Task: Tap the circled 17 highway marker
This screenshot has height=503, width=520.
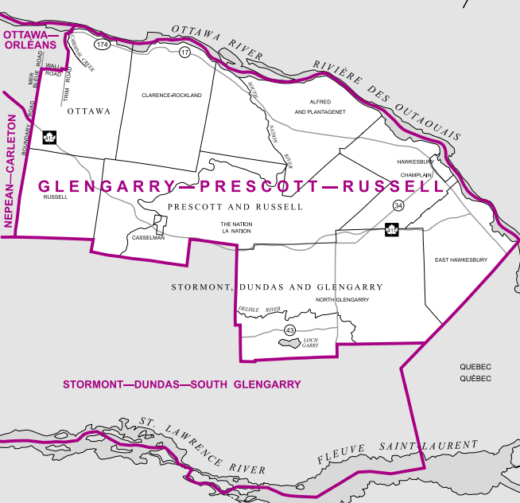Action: click(184, 53)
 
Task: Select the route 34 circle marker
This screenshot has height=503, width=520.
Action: click(398, 206)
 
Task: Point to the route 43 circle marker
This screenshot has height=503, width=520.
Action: click(289, 330)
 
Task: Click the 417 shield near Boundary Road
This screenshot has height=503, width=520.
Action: click(49, 138)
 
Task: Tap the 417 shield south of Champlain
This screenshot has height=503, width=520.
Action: click(391, 230)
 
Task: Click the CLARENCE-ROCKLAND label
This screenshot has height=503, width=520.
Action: click(172, 95)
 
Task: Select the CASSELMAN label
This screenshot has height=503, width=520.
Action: click(147, 237)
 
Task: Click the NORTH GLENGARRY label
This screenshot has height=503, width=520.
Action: click(342, 299)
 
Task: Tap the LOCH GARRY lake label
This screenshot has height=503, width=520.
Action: click(310, 343)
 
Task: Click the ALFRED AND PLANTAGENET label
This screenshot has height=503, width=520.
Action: click(320, 107)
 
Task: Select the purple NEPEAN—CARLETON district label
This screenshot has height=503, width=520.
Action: click(12, 170)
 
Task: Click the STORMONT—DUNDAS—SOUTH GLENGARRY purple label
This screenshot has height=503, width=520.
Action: click(181, 384)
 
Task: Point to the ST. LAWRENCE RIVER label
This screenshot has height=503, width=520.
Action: click(203, 446)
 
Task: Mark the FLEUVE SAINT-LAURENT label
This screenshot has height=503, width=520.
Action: click(398, 453)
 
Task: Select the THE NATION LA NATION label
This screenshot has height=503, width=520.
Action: click(236, 228)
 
